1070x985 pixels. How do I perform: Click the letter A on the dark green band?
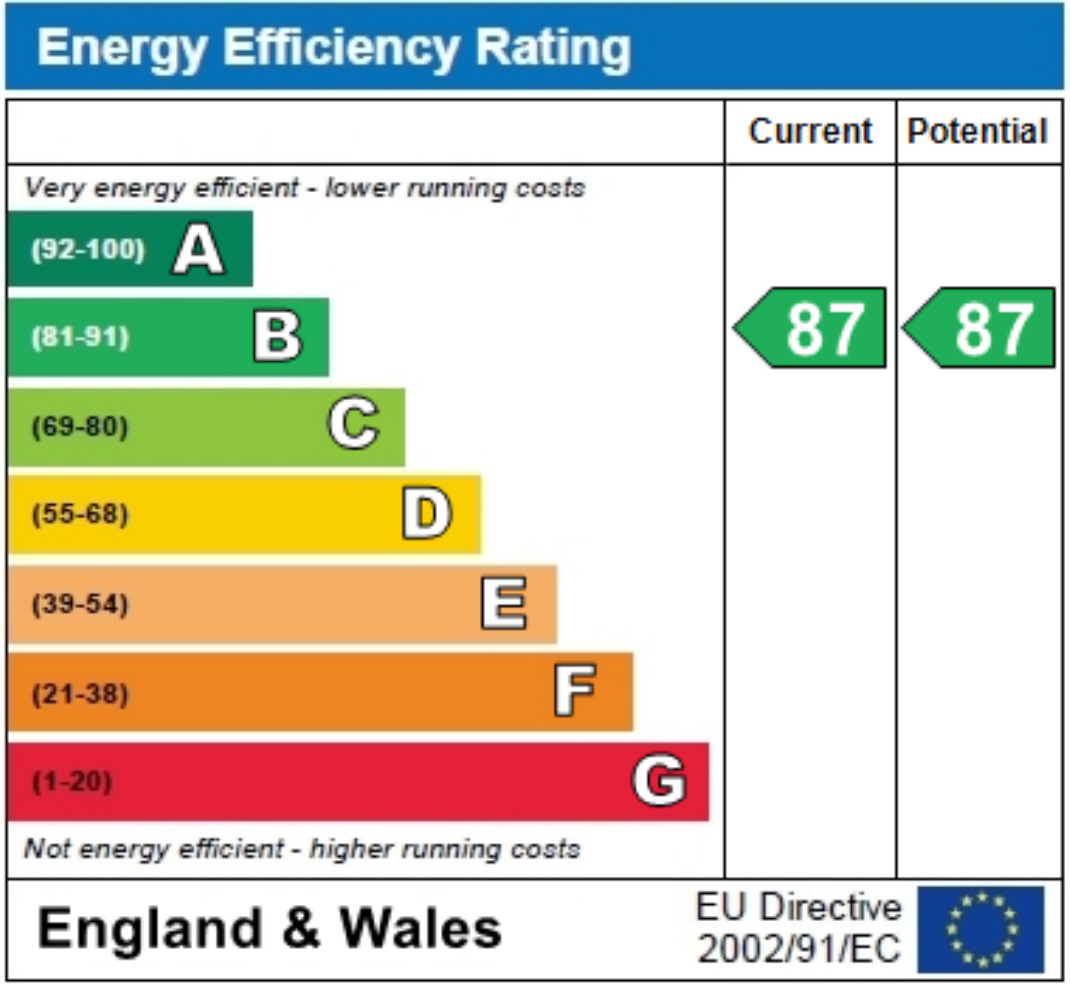click(198, 249)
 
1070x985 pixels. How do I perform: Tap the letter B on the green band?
click(277, 337)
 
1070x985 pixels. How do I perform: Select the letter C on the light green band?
click(353, 424)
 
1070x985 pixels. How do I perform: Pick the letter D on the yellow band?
click(426, 513)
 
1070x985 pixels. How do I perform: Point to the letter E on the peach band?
click(504, 603)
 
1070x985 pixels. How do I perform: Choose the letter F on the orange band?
click(574, 691)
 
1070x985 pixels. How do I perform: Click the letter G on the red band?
click(659, 780)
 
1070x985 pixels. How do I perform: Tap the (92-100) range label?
click(88, 249)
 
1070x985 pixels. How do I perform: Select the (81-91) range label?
click(80, 337)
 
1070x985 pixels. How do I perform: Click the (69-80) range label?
click(80, 426)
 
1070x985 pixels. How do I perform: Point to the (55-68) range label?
click(80, 514)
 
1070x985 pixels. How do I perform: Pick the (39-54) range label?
click(80, 604)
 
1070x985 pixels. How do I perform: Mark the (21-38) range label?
click(80, 694)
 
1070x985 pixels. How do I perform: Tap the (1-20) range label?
click(72, 782)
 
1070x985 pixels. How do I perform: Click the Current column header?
click(810, 131)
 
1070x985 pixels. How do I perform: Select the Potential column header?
click(977, 131)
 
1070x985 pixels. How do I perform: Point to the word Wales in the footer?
click(421, 929)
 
